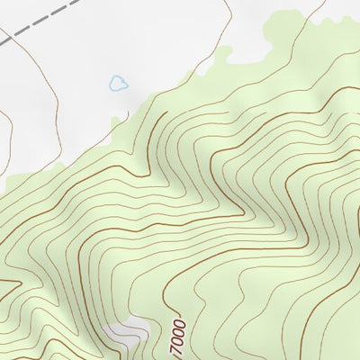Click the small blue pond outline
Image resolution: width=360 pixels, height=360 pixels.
(x=118, y=84)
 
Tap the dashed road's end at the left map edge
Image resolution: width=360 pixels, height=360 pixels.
(x=3, y=42)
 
